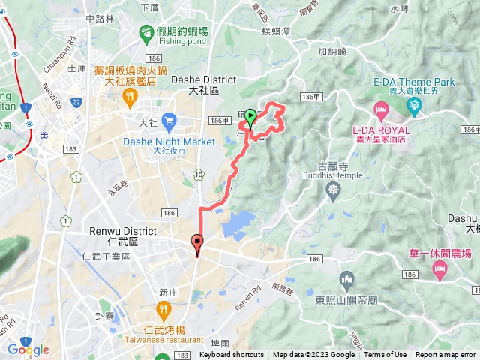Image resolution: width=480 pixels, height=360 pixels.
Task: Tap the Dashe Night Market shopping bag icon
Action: [168, 120]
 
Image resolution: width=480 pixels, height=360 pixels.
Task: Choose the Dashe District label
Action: [204, 79]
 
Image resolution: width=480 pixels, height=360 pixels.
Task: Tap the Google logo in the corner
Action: [28, 349]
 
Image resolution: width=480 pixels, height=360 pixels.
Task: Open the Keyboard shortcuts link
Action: [232, 355]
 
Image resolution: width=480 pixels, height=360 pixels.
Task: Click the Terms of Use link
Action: [385, 355]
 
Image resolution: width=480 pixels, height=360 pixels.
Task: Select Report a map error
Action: [446, 355]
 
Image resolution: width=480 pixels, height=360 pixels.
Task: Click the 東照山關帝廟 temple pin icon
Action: [346, 280]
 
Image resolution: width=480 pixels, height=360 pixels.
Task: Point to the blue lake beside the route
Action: [237, 223]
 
